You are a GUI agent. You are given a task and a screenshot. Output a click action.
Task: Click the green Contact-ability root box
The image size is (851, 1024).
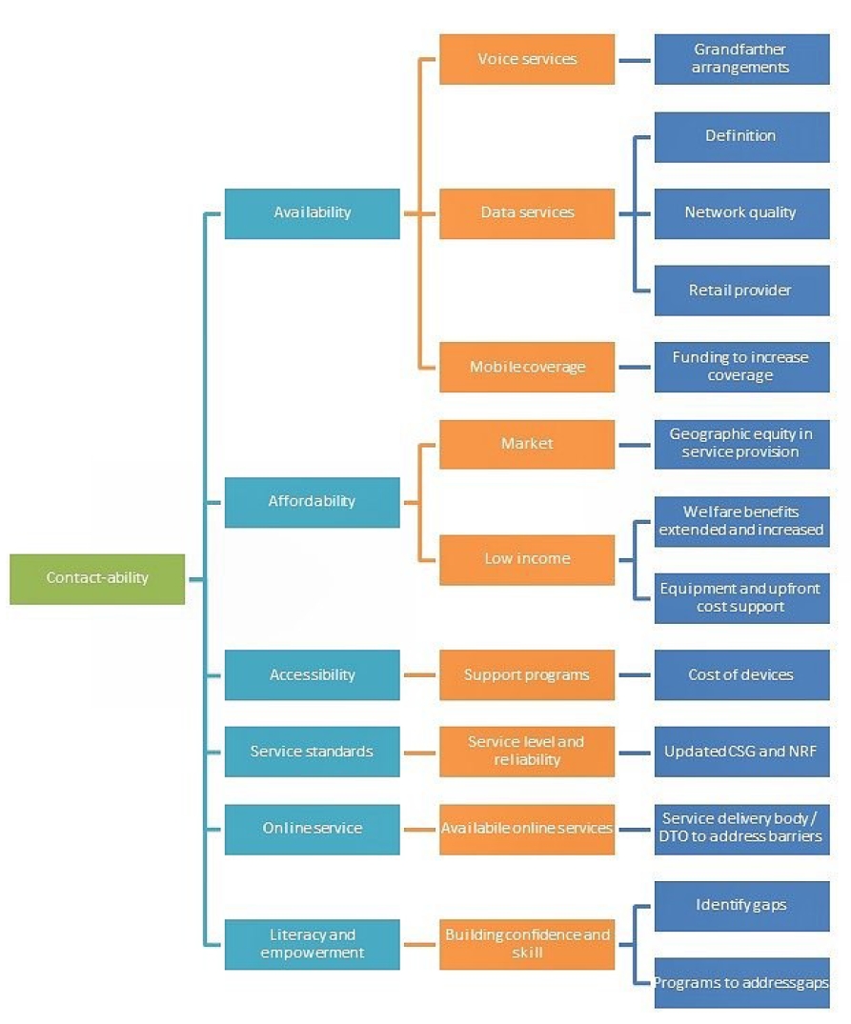pyautogui.click(x=97, y=578)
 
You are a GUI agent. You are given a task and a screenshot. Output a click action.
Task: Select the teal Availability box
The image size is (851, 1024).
pyautogui.click(x=312, y=212)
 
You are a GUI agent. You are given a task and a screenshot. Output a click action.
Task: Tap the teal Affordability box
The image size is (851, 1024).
pyautogui.click(x=312, y=501)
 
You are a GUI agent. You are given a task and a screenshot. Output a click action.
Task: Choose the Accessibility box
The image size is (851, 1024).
pyautogui.click(x=312, y=674)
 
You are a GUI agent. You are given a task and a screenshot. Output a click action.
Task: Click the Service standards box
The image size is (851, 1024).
pyautogui.click(x=312, y=752)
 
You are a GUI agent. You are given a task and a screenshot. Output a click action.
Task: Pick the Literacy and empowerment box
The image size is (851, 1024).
pyautogui.click(x=312, y=944)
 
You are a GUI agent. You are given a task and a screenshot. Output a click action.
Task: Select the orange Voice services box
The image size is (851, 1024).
pyautogui.click(x=527, y=59)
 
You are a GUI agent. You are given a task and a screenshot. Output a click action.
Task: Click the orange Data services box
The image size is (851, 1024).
pyautogui.click(x=527, y=212)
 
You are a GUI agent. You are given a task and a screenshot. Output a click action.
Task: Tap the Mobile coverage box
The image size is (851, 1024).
pyautogui.click(x=527, y=367)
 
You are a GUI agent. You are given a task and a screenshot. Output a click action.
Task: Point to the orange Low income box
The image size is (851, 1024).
pyautogui.click(x=527, y=559)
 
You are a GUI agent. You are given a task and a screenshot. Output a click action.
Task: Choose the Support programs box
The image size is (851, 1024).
pyautogui.click(x=527, y=674)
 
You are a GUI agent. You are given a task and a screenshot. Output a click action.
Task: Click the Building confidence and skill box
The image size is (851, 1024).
pyautogui.click(x=527, y=944)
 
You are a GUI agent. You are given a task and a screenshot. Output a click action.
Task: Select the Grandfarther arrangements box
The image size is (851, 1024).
pyautogui.click(x=741, y=59)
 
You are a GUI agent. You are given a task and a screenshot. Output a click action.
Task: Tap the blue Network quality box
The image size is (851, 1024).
pyautogui.click(x=741, y=212)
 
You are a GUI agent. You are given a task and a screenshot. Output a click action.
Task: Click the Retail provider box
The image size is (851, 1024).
pyautogui.click(x=741, y=290)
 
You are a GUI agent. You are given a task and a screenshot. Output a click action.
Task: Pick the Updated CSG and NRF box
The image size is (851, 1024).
pyautogui.click(x=741, y=752)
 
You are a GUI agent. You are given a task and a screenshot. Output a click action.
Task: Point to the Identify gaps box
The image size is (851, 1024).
pyautogui.click(x=741, y=905)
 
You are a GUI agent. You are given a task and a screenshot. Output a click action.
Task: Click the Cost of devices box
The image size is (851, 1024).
pyautogui.click(x=741, y=674)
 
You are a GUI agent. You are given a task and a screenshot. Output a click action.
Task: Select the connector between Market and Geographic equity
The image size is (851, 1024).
pyautogui.click(x=635, y=444)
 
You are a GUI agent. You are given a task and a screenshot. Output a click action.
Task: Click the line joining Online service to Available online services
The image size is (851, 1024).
pyautogui.click(x=419, y=829)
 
